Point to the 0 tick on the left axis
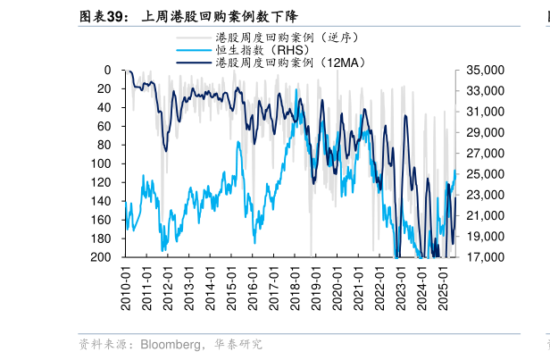107,70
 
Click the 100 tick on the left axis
102,163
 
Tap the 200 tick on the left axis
102,257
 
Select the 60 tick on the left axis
104,126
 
